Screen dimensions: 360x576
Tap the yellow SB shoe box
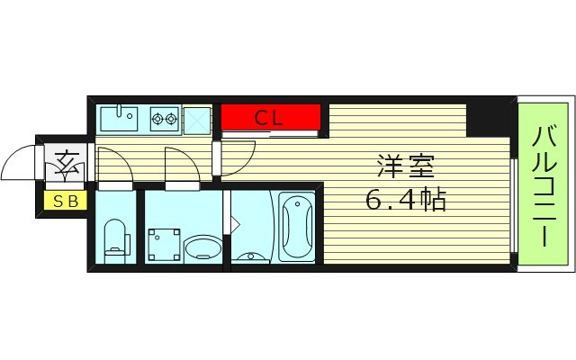pos(62,202)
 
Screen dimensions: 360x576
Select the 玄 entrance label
pos(65,164)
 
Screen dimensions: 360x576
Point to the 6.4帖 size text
pos(405,200)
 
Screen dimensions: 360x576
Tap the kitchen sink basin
pos(117,117)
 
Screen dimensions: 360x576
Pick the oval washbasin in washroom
pos(202,247)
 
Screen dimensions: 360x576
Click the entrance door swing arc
pos(20,165)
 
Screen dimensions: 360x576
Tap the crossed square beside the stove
pos(196,118)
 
